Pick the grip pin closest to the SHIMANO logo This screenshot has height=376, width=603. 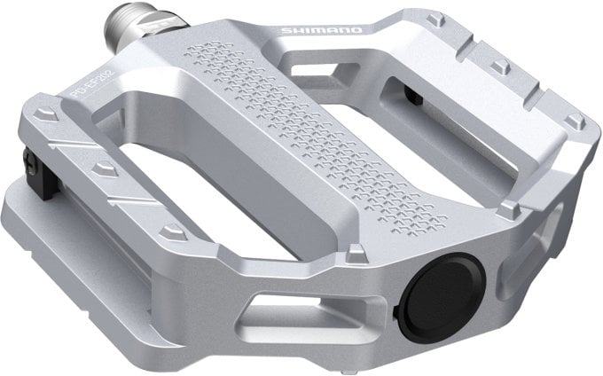(x=434, y=20)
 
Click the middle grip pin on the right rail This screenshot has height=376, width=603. (x=499, y=66)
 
